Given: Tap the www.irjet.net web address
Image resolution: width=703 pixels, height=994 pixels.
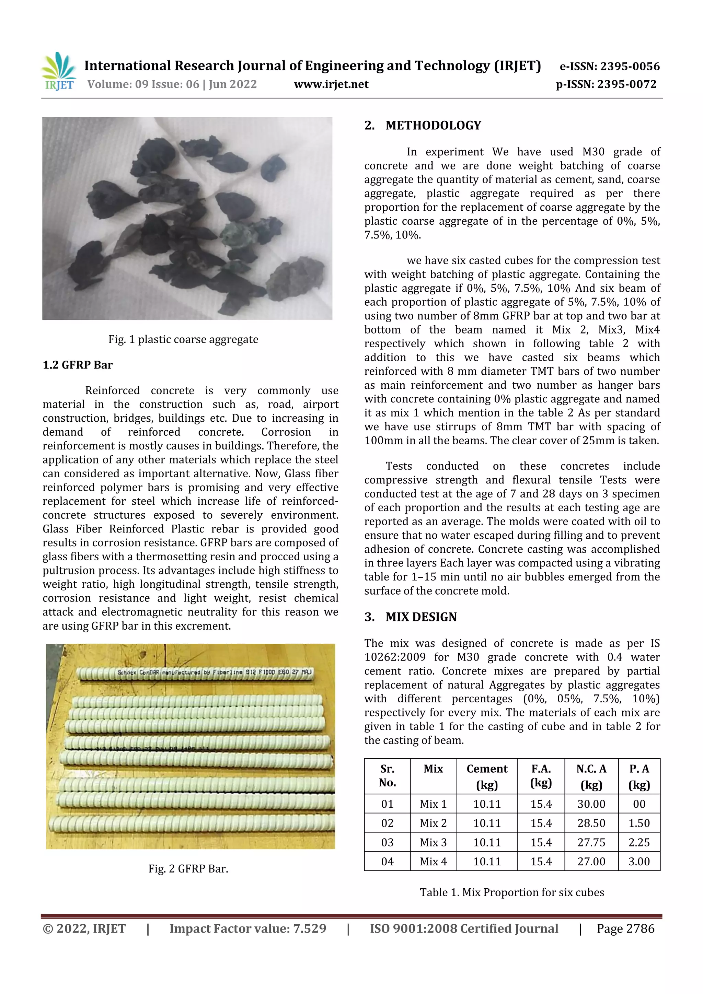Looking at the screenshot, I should [331, 84].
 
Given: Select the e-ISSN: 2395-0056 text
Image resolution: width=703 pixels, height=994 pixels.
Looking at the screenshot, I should [609, 66].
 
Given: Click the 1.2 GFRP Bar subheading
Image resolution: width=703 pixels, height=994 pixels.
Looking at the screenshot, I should [78, 365].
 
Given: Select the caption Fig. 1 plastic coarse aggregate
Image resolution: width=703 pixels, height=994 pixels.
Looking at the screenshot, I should [183, 339].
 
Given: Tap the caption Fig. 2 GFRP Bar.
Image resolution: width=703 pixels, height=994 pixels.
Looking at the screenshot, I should [188, 868].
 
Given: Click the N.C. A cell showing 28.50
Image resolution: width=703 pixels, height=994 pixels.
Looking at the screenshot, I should [591, 823].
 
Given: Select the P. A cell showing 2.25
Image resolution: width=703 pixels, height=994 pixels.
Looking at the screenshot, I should [638, 842].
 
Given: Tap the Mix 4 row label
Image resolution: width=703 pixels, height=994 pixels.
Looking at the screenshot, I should [433, 862].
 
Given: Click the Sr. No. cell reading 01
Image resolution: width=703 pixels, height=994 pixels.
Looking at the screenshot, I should [387, 804].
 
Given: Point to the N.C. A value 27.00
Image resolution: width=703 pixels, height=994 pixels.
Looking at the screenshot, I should [591, 862].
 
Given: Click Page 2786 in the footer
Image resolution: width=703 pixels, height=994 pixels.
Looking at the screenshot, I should [625, 928].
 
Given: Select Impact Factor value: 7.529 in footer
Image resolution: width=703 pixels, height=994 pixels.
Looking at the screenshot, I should [248, 928].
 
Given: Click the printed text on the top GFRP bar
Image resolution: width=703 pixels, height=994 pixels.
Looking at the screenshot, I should [215, 673].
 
